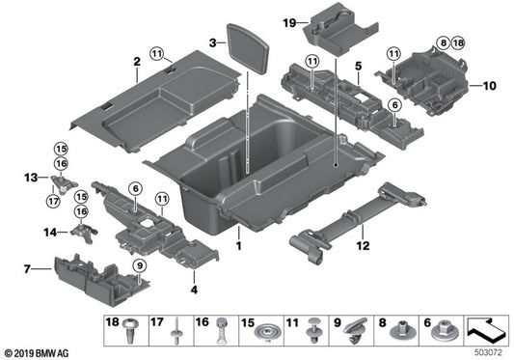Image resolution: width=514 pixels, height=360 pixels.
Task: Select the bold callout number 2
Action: (138, 63)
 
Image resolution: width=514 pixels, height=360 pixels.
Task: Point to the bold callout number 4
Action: (194, 287)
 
